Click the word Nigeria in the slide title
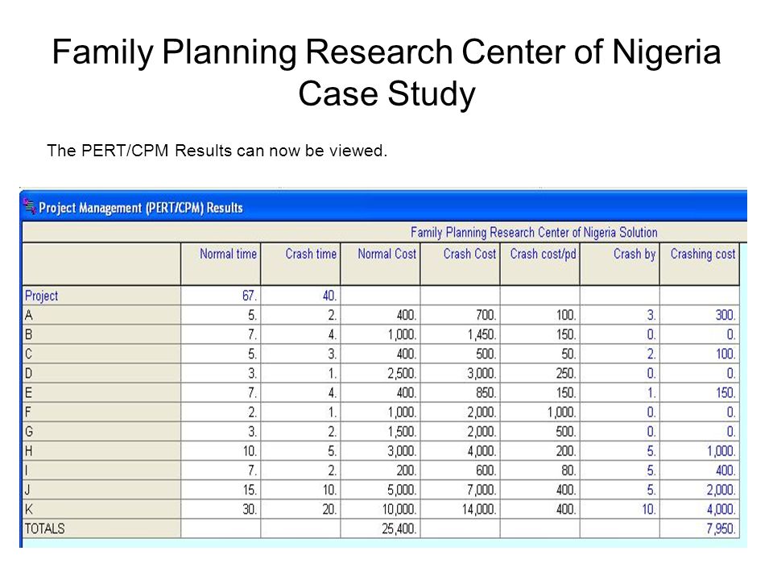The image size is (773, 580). click(x=666, y=52)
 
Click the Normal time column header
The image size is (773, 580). click(x=228, y=254)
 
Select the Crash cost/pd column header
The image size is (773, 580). click(x=543, y=254)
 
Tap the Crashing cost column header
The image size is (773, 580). click(x=702, y=254)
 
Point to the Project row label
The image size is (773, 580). click(x=41, y=296)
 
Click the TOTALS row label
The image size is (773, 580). click(x=45, y=528)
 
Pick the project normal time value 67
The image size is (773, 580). click(x=250, y=296)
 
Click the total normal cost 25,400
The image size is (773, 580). click(x=399, y=528)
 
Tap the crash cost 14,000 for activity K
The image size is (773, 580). click(x=478, y=509)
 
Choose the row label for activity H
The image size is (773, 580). click(x=29, y=451)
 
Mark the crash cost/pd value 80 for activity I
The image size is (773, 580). click(x=568, y=470)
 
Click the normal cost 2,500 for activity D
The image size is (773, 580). click(x=402, y=373)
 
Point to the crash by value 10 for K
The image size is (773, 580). click(x=649, y=509)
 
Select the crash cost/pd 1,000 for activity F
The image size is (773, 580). click(x=561, y=412)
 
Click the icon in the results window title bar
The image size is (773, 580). click(x=30, y=206)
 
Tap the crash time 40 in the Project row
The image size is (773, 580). click(x=329, y=296)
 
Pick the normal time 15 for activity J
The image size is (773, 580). click(x=250, y=490)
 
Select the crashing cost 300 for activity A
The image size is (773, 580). click(x=725, y=315)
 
